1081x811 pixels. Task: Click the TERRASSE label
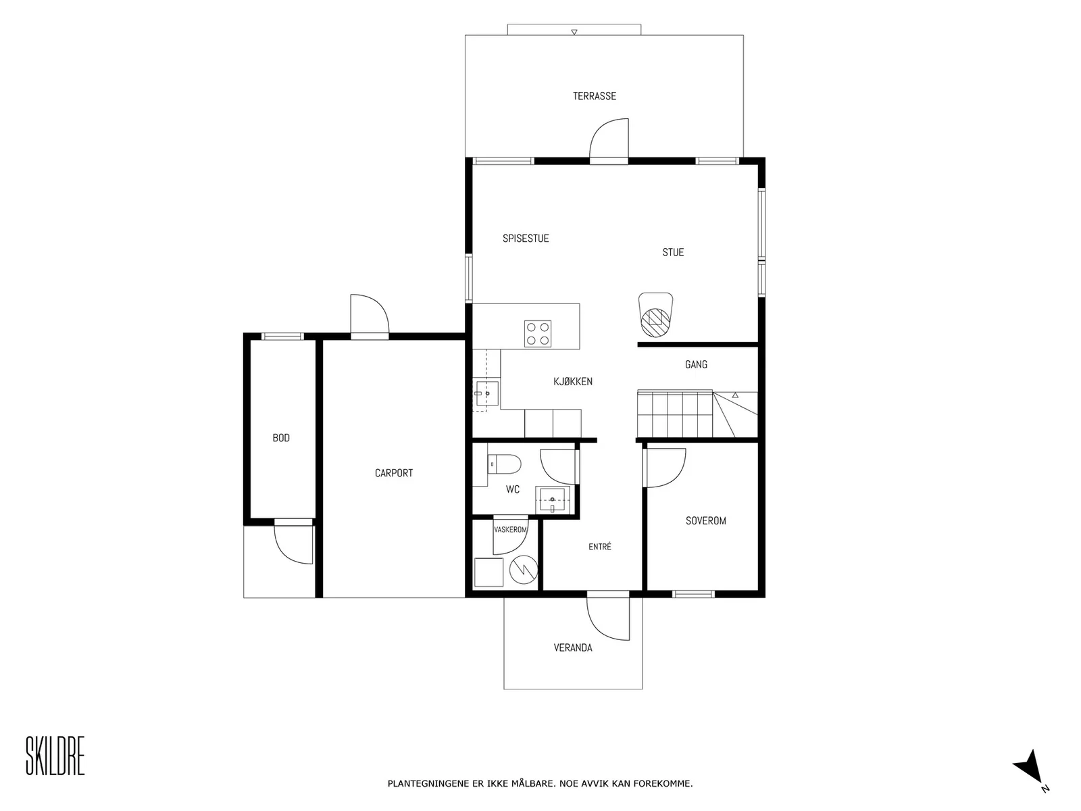[x=594, y=96]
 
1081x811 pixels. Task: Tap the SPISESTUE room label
[x=526, y=239]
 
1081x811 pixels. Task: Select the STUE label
[x=673, y=252]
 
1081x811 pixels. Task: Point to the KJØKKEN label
[x=573, y=381]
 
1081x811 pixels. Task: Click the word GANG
[x=696, y=364]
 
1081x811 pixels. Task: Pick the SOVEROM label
[x=706, y=520]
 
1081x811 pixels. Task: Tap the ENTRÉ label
[x=600, y=546]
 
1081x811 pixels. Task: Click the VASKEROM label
[x=510, y=529]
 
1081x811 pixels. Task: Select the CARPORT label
[x=393, y=472]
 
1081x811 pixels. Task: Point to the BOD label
[x=281, y=438]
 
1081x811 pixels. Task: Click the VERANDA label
[x=573, y=647]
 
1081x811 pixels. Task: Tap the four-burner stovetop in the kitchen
[x=537, y=333]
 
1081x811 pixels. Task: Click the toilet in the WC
[x=504, y=464]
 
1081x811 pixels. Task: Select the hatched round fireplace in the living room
[x=655, y=322]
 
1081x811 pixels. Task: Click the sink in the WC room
[x=552, y=500]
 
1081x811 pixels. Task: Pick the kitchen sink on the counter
[x=486, y=393]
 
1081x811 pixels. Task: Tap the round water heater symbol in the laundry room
[x=522, y=569]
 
